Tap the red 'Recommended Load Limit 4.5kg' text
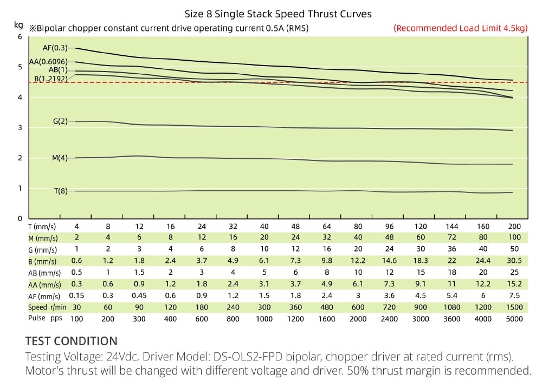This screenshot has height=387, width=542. tap(460, 28)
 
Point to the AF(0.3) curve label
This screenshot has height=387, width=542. tap(55, 48)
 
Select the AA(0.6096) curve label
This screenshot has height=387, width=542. tap(48, 62)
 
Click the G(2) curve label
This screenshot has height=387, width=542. tap(60, 121)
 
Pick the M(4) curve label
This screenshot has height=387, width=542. tap(60, 158)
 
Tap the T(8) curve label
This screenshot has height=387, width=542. tap(60, 191)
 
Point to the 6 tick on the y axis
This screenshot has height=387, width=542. tap(20, 37)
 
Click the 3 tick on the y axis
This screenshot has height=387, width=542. tap(20, 128)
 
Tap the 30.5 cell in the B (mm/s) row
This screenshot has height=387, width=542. tap(514, 261)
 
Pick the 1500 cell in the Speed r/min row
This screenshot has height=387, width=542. tap(514, 307)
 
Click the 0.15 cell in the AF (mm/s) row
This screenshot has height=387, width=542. tap(76, 295)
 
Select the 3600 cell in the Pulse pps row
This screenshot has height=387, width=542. tap(451, 319)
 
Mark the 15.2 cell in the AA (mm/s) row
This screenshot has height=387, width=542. tap(514, 284)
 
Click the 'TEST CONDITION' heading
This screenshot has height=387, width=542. tap(71, 341)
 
